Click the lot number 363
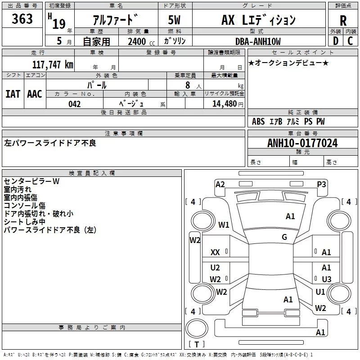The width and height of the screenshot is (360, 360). point(22,19)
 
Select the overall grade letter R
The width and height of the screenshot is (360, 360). point(343,21)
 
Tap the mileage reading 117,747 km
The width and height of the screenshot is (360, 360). point(52,64)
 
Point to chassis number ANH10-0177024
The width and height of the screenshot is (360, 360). point(302,143)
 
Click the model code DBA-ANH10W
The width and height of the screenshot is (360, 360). point(258,42)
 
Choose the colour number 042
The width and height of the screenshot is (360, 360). point(75,104)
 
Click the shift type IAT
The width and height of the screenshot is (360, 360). point(13,94)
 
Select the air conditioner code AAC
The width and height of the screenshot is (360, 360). point(34,94)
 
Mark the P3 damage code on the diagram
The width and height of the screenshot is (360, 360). point(321,184)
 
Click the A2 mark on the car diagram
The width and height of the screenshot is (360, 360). point(220,184)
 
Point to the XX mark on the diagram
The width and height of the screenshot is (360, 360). point(216,253)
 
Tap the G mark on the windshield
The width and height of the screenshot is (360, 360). point(284,237)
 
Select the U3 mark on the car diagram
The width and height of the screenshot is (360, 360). point(327,279)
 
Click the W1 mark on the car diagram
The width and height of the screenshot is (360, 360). point(224,225)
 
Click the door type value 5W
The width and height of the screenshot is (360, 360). point(175,21)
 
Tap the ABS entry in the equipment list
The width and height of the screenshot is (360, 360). point(258,121)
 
